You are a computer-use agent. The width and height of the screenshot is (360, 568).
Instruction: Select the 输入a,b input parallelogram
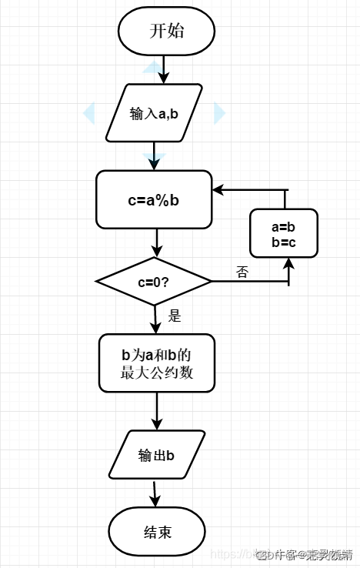pyautogui.click(x=154, y=113)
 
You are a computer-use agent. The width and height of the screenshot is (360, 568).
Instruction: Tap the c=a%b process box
pyautogui.click(x=154, y=199)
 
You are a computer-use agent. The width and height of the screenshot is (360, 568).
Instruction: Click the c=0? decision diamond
pyautogui.click(x=154, y=281)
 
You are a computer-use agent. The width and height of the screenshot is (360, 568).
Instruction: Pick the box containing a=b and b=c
pyautogui.click(x=284, y=232)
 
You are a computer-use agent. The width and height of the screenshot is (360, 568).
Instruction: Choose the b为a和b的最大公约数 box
pyautogui.click(x=156, y=363)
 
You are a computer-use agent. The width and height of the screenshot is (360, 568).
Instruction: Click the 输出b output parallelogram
pyautogui.click(x=157, y=455)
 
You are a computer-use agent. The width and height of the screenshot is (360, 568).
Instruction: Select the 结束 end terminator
pyautogui.click(x=157, y=532)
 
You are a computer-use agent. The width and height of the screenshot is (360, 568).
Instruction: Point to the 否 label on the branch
pyautogui.click(x=242, y=272)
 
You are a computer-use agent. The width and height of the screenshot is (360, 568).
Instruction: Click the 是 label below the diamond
pyautogui.click(x=175, y=315)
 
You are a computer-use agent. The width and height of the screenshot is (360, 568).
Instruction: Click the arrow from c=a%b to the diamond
pyautogui.click(x=156, y=243)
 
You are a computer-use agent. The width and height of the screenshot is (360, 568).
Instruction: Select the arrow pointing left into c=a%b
pyautogui.click(x=231, y=189)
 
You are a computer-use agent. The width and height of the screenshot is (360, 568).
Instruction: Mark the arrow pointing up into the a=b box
pyautogui.click(x=288, y=269)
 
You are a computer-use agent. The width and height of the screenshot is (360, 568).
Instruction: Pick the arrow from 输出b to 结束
pyautogui.click(x=155, y=493)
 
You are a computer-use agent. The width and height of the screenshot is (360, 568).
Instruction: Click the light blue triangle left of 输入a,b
pyautogui.click(x=88, y=113)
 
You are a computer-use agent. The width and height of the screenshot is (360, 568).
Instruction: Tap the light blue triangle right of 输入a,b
pyautogui.click(x=219, y=113)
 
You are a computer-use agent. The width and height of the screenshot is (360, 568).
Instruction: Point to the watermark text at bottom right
pyautogui.click(x=304, y=554)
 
